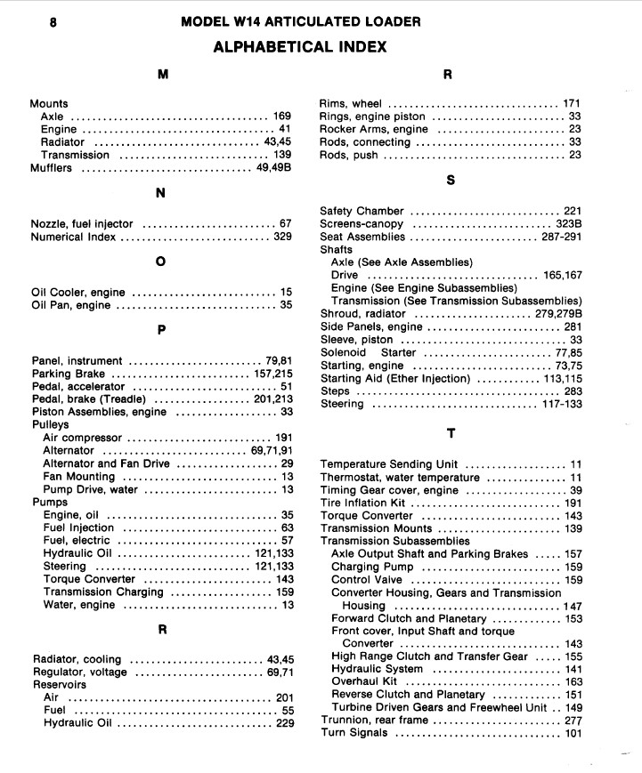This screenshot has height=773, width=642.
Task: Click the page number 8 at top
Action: click(53, 22)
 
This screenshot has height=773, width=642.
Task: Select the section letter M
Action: click(163, 76)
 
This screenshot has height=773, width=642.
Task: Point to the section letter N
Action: click(161, 192)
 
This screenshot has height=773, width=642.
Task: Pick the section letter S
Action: click(451, 180)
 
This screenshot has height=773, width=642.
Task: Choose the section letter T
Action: click(451, 433)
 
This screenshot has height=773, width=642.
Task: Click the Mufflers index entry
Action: click(51, 168)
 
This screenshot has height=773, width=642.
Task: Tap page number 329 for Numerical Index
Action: click(283, 238)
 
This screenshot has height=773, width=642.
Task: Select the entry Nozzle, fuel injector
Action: click(82, 224)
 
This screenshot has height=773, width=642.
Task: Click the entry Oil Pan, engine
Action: click(72, 306)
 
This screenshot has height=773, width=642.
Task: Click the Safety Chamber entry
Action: click(362, 212)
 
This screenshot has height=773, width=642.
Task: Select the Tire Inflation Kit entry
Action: click(362, 503)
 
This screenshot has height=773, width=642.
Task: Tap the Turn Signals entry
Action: click(354, 734)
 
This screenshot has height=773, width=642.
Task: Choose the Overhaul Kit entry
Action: click(364, 682)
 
